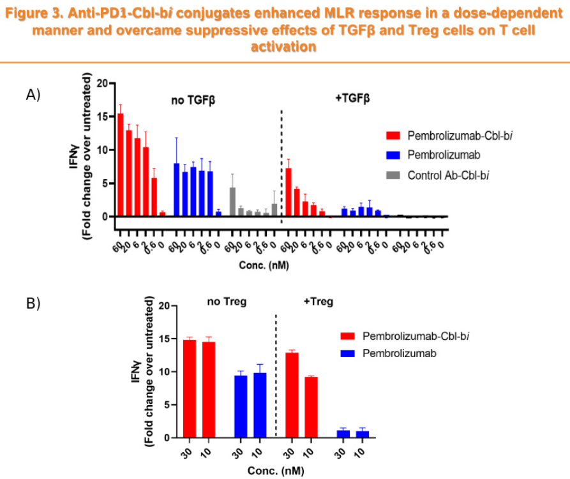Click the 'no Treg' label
[224, 300]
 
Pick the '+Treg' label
[318, 300]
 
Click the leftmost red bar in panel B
[190, 388]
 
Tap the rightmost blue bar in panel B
[363, 434]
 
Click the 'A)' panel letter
[33, 95]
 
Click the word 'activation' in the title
[285, 47]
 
